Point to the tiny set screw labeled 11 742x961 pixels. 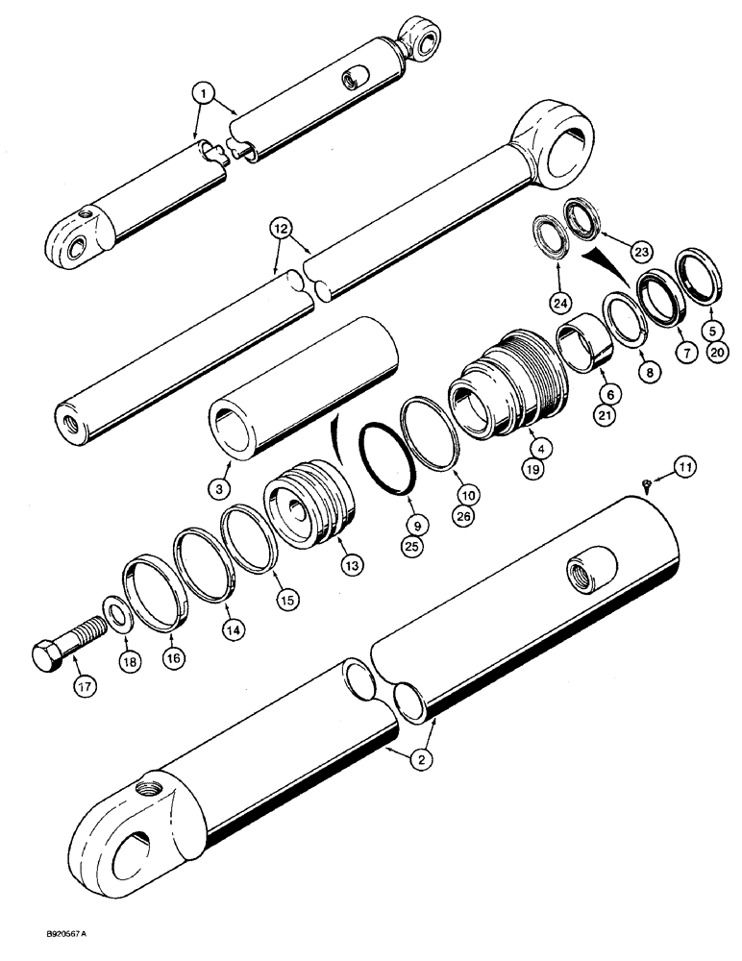[646, 485]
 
